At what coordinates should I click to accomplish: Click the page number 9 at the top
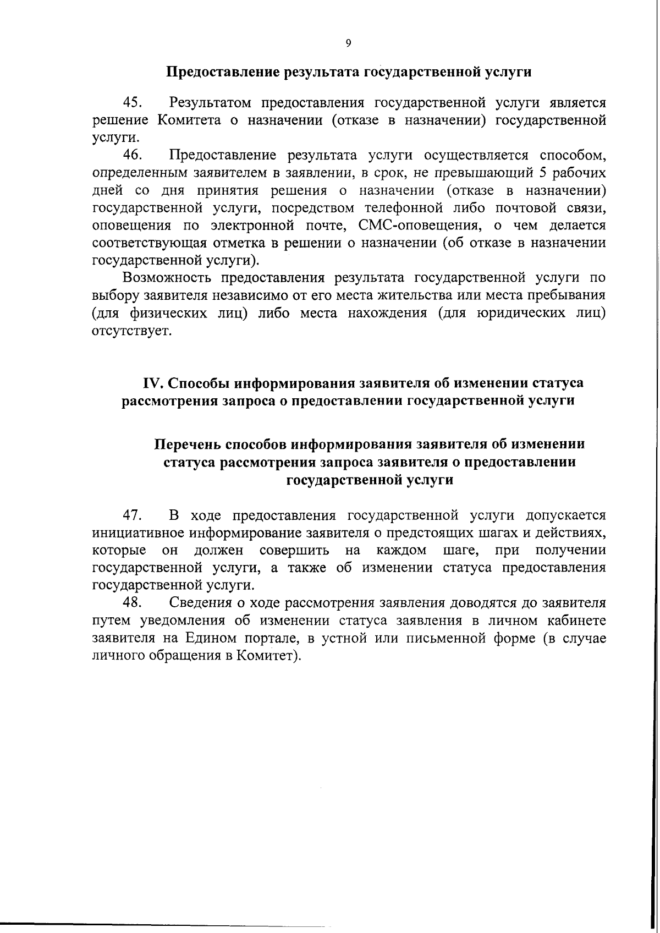pyautogui.click(x=348, y=43)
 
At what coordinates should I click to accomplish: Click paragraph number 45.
pyautogui.click(x=134, y=102)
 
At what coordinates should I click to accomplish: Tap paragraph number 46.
pyautogui.click(x=134, y=155)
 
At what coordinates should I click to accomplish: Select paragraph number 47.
pyautogui.click(x=134, y=515)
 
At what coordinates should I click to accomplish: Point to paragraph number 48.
pyautogui.click(x=134, y=603)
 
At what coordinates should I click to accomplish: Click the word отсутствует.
pyautogui.click(x=132, y=331)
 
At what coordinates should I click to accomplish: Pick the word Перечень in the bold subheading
pyautogui.click(x=187, y=444)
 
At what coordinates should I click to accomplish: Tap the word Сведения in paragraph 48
pyautogui.click(x=200, y=603)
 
